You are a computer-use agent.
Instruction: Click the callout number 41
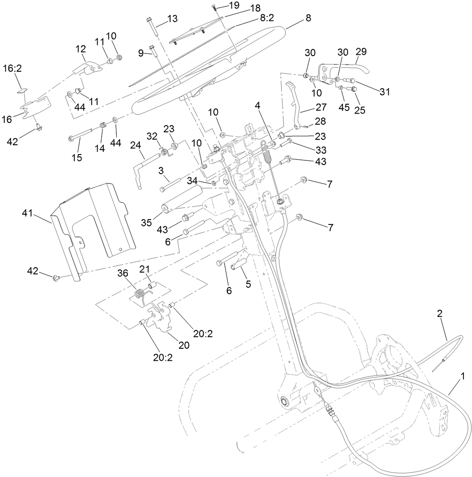(28, 214)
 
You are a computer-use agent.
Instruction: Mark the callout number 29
(361, 51)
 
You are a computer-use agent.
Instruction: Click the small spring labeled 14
(102, 127)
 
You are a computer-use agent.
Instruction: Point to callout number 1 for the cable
(463, 376)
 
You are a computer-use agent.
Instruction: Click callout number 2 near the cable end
(439, 313)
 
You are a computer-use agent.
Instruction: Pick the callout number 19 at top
(234, 5)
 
